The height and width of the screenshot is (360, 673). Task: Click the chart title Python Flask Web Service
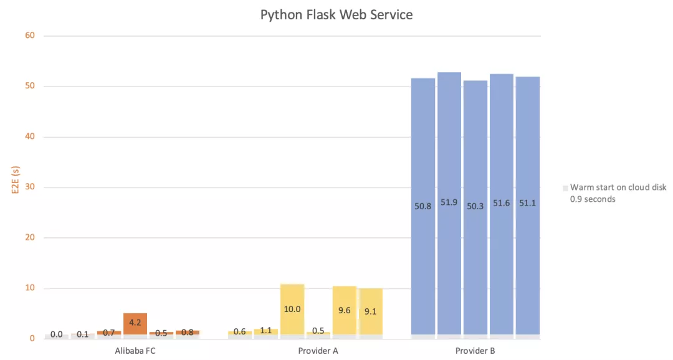pos(336,15)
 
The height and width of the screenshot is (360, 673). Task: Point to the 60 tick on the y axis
pos(30,36)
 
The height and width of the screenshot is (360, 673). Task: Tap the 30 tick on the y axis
pos(30,187)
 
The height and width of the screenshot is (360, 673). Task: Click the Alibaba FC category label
pos(135,351)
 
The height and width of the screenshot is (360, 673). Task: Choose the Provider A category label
pos(318,351)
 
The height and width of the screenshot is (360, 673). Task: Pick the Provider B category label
pos(475,351)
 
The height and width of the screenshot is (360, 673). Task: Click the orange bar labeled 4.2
pos(135,323)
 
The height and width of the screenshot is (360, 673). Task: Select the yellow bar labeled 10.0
pos(292,309)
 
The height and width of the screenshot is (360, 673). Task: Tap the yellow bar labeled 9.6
pos(345,310)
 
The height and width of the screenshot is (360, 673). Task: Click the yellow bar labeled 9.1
pos(370,311)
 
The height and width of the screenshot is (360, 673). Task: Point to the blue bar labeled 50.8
pos(423,206)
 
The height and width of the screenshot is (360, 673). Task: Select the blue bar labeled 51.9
pos(449,203)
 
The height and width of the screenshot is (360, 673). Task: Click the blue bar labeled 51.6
pos(502,204)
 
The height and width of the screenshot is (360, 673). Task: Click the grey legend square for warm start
pos(565,187)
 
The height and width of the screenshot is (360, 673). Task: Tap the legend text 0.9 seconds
pos(593,199)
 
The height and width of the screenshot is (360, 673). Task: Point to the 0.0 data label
pos(57,334)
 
